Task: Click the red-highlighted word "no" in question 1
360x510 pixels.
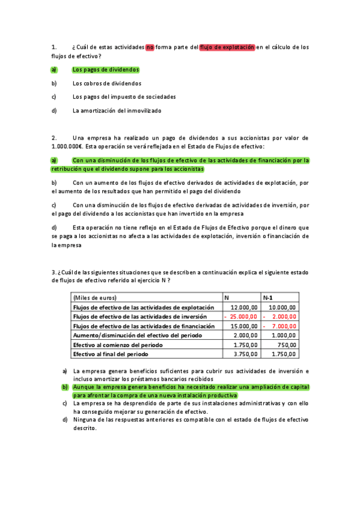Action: [150, 47]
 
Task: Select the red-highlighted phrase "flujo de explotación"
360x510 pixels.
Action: [227, 47]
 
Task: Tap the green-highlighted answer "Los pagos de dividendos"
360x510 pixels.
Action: [105, 70]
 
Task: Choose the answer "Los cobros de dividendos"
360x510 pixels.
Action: [107, 84]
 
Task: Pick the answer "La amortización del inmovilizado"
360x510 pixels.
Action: [117, 111]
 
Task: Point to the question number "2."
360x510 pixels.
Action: [55, 138]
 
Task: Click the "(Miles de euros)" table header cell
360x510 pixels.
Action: [94, 298]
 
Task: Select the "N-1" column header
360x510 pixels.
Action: [269, 298]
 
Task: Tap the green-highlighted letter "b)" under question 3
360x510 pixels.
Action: [66, 387]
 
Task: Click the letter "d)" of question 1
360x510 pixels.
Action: [54, 111]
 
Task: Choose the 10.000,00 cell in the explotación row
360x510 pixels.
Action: [284, 307]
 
